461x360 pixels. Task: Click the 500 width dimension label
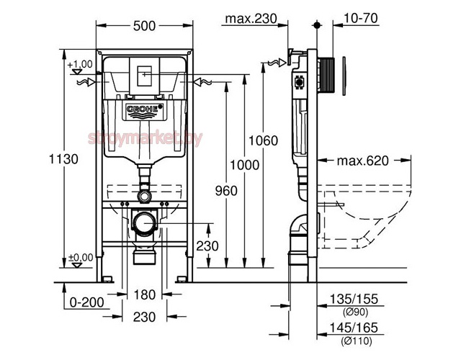(x=144, y=26)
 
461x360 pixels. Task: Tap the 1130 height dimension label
(x=63, y=159)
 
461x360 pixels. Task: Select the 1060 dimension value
(x=264, y=140)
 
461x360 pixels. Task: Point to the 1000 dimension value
(x=244, y=165)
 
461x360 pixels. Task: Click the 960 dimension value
(x=226, y=191)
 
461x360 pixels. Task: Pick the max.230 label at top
(x=251, y=19)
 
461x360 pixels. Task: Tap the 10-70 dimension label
(x=360, y=18)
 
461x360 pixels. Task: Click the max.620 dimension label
(x=362, y=161)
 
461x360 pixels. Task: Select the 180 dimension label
(x=144, y=294)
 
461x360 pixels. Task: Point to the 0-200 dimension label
(x=87, y=302)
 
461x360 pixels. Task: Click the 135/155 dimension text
(x=354, y=299)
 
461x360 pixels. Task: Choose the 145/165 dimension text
(x=354, y=328)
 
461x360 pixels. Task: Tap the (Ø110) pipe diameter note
(x=357, y=341)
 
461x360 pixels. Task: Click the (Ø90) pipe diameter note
(x=355, y=312)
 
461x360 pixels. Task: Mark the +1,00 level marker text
(x=80, y=64)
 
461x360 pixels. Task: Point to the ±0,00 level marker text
(x=81, y=258)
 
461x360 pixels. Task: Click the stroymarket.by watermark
(x=146, y=138)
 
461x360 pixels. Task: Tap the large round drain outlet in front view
(x=144, y=223)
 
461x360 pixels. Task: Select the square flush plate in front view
(x=144, y=76)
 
